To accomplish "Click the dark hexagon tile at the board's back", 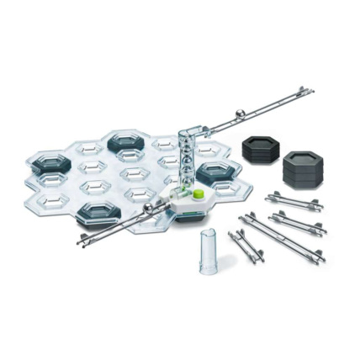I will (126, 140).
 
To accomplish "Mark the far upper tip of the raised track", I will (311, 88).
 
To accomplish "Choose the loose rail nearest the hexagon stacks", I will (294, 203).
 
